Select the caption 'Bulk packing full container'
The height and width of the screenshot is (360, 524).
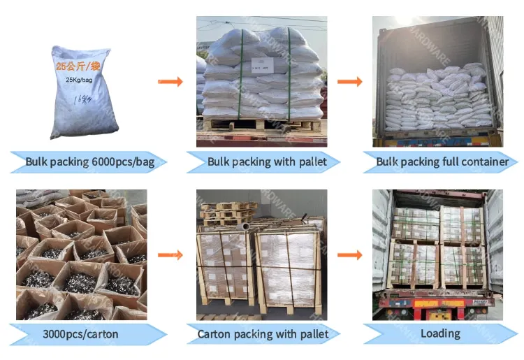(442, 162)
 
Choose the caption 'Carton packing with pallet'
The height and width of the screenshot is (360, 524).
(263, 334)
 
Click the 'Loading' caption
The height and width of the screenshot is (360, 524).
(440, 334)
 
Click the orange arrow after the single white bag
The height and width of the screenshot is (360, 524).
(170, 82)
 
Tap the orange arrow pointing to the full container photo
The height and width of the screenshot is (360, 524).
(349, 82)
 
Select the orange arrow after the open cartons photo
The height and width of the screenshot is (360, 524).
(170, 255)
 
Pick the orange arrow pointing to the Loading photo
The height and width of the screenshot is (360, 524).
(349, 255)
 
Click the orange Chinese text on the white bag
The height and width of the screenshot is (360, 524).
(79, 67)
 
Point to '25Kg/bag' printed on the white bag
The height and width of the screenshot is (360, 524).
(79, 80)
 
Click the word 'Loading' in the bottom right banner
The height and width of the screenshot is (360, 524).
(440, 334)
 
